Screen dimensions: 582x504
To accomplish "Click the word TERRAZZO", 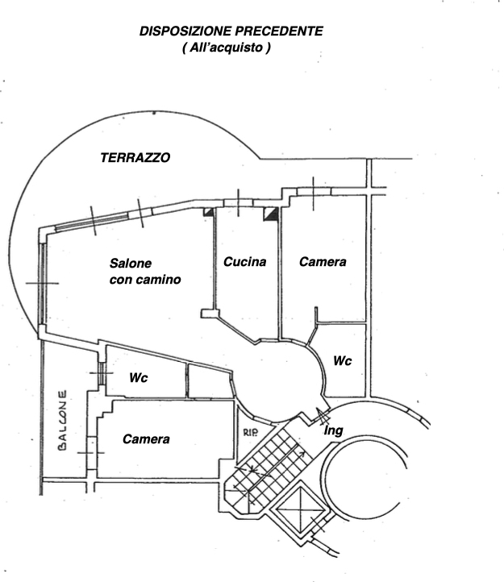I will click(135, 159).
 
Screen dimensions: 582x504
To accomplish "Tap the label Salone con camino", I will click(144, 272).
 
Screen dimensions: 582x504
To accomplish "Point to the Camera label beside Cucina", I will click(323, 262).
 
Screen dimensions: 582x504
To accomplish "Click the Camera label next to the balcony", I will click(146, 439).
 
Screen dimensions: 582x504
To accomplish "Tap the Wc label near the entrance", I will click(343, 361).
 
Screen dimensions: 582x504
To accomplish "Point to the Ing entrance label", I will click(333, 431).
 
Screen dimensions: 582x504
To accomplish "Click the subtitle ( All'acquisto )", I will click(227, 49).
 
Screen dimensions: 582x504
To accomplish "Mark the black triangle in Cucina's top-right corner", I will click(271, 214).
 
